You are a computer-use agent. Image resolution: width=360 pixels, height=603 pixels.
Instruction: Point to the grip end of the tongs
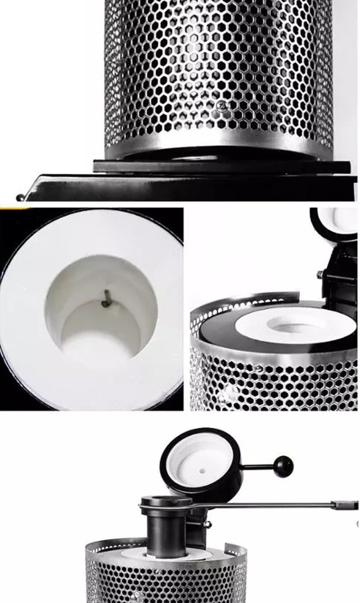coord(344,505)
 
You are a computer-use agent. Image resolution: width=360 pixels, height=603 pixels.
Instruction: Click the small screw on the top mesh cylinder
coord(222,107)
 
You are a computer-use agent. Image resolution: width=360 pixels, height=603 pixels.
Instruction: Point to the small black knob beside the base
coord(20,197)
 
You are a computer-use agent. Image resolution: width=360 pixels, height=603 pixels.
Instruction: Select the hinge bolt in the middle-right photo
coord(320,275)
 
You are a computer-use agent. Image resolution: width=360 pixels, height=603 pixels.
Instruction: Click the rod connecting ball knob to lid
coord(256,466)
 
